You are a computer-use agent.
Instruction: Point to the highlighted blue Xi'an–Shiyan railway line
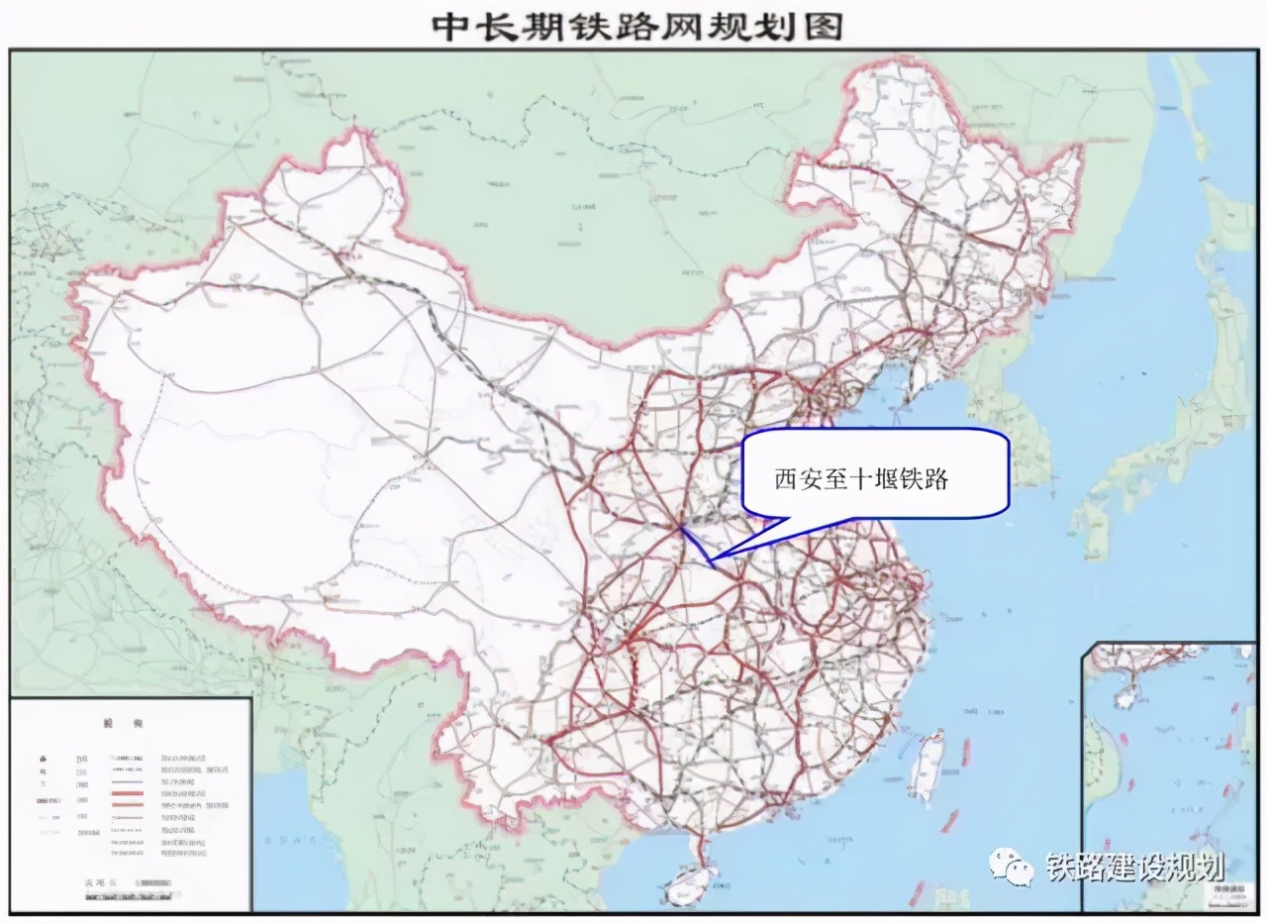pos(695,545)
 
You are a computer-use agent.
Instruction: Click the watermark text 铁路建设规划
pos(1136,869)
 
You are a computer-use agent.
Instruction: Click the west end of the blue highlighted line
pos(681,527)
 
